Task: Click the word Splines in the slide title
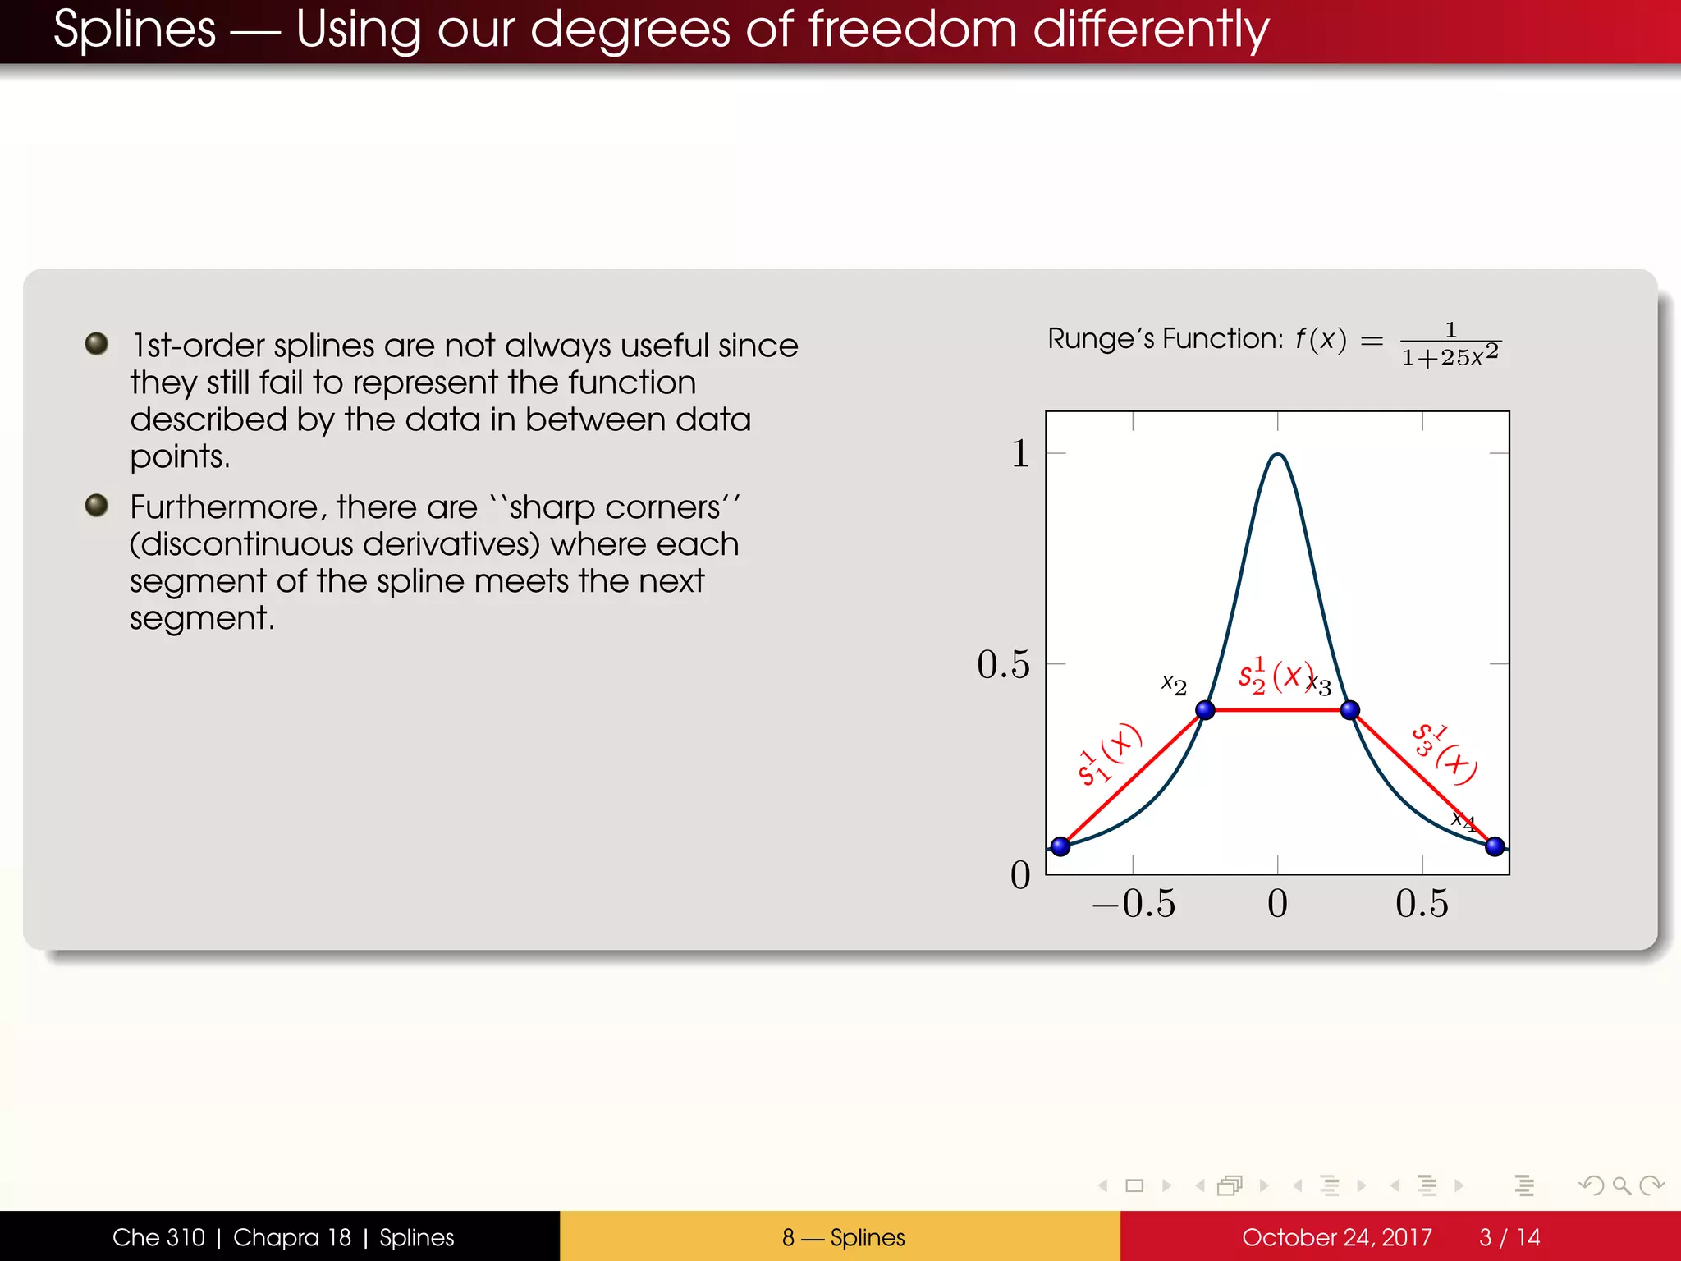[x=135, y=30]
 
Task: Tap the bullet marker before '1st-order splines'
[x=97, y=343]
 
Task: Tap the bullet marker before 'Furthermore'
[x=97, y=505]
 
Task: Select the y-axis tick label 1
[x=1019, y=453]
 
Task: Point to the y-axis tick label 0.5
[x=1003, y=663]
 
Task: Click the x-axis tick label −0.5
[x=1134, y=903]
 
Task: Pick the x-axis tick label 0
[x=1277, y=903]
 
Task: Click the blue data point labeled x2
[x=1205, y=710]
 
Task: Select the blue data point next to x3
[x=1350, y=710]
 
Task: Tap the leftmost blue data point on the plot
[x=1060, y=846]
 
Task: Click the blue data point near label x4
[x=1495, y=846]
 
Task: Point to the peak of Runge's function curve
[x=1278, y=455]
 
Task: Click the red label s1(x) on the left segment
[x=1109, y=754]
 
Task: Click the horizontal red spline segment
[x=1277, y=710]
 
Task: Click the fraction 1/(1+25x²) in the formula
[x=1450, y=344]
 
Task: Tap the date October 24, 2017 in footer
[x=1336, y=1237]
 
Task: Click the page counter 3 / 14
[x=1509, y=1237]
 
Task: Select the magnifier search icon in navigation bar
[x=1621, y=1185]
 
